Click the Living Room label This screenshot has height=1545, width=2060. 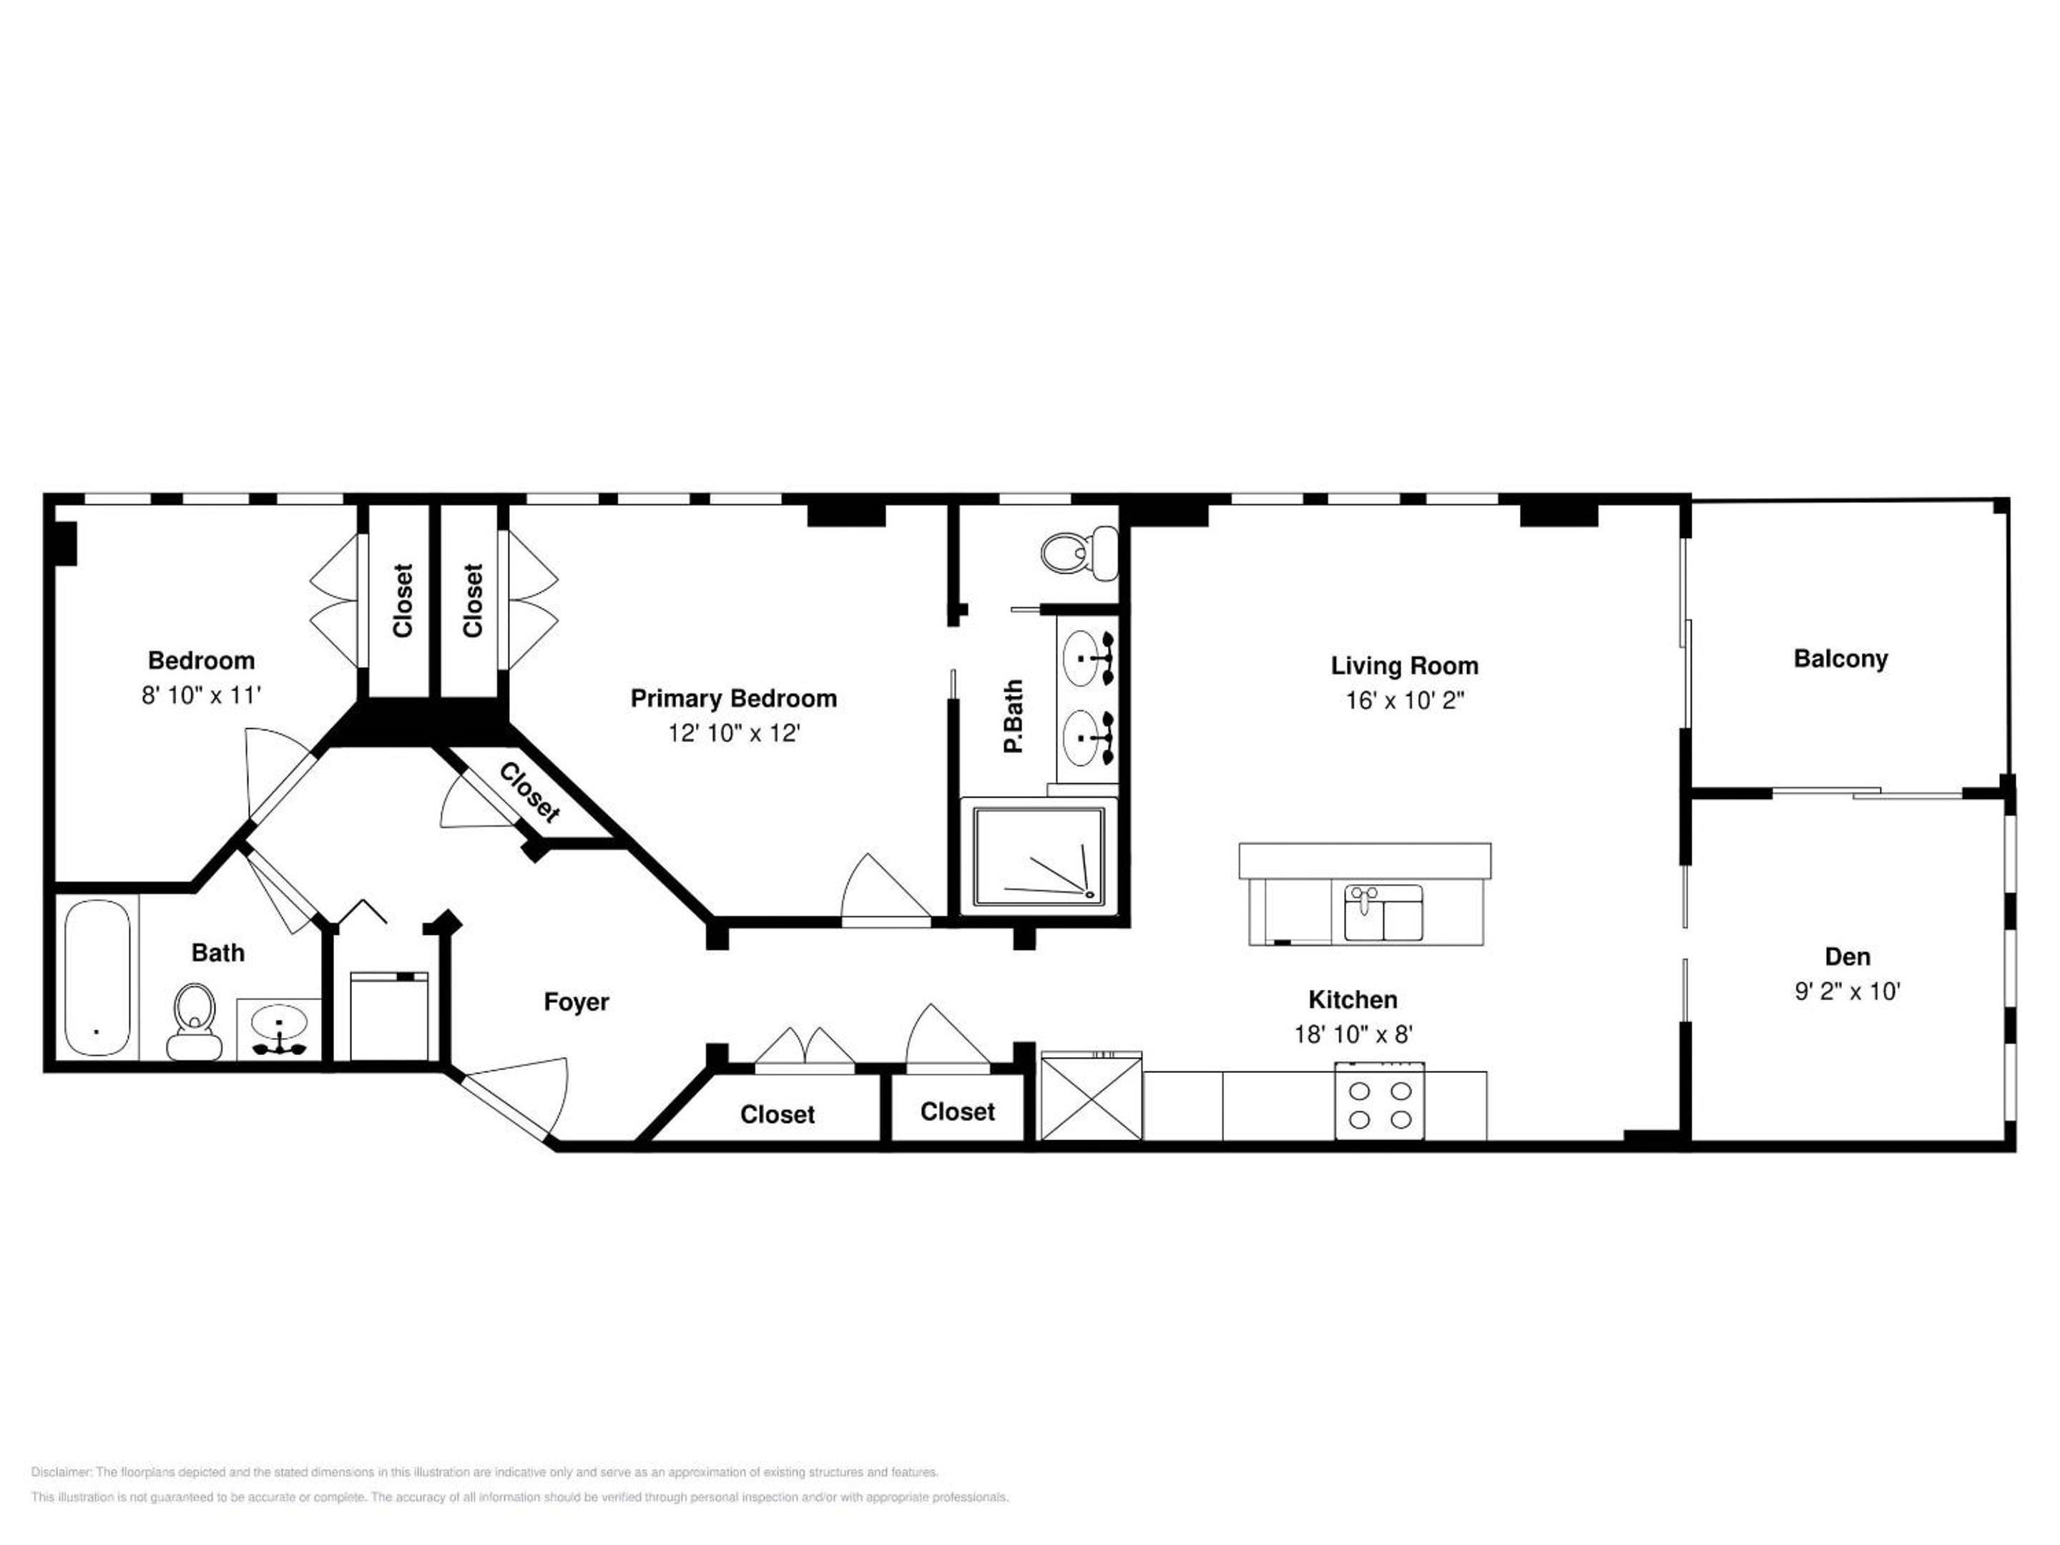point(1404,666)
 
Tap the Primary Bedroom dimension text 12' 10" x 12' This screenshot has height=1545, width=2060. point(734,733)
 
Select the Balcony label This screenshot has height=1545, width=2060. point(1840,659)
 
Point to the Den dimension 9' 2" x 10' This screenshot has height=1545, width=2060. point(1847,991)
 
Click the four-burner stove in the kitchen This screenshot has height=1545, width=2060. point(1379,1101)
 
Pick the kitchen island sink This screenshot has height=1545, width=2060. point(1383,913)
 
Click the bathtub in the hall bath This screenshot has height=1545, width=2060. point(97,977)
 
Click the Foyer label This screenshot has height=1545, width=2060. point(577,1002)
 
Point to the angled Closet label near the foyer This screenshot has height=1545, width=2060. point(530,793)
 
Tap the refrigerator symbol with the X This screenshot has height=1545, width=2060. point(1091,1095)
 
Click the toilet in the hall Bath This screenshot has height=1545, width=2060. point(195,1021)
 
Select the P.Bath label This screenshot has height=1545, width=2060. point(1014,715)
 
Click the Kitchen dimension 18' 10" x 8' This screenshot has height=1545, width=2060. point(1353,1034)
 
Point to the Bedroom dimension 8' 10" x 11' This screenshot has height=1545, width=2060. point(201,695)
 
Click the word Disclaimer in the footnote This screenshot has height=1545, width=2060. point(61,1472)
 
